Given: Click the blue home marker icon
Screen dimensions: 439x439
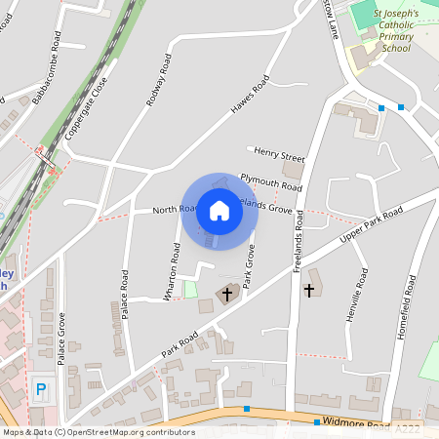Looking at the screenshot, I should click(x=219, y=212).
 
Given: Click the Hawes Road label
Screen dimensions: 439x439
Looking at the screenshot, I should click(x=249, y=100).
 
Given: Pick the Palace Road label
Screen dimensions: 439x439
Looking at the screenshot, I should click(x=125, y=293).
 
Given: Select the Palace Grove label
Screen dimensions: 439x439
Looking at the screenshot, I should click(x=60, y=339).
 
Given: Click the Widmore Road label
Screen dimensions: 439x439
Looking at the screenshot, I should click(x=360, y=426).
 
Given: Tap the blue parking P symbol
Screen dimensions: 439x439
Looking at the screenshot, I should click(x=41, y=389).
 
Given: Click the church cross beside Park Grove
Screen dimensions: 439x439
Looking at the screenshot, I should click(x=228, y=293).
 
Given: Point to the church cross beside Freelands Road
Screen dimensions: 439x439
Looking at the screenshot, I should click(x=310, y=290).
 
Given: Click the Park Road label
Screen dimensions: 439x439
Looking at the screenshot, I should click(x=180, y=342).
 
